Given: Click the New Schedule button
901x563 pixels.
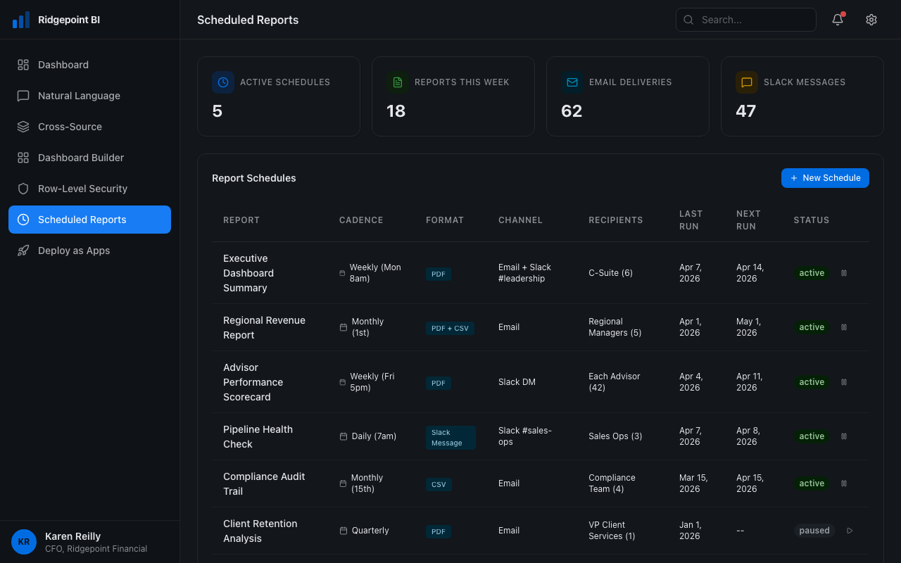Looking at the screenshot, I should click(x=825, y=178).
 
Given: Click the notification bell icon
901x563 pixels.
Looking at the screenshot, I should click(x=838, y=20).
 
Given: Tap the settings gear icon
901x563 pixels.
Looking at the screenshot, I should click(x=871, y=20).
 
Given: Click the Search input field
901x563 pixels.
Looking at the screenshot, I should click(x=746, y=20).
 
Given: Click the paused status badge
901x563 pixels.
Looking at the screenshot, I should click(x=814, y=531).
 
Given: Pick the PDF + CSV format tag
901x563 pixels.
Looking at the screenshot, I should click(x=450, y=328).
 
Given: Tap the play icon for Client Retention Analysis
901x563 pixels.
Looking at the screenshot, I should click(x=850, y=531).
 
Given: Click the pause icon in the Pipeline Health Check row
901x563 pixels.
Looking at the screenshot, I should click(x=844, y=436).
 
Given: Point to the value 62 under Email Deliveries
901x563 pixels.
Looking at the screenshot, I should click(x=572, y=111).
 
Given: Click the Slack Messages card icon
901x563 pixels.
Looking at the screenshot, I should click(x=747, y=82).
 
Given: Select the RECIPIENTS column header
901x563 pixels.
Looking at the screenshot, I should click(x=615, y=220).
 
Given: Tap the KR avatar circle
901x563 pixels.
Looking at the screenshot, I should click(x=24, y=542).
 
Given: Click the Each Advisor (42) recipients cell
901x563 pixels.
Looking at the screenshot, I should click(x=614, y=382).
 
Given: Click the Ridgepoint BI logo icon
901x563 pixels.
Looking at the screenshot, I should click(x=21, y=20).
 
